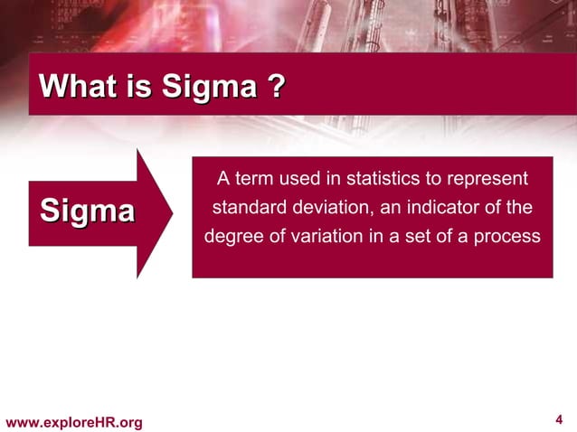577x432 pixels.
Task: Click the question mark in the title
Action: tap(276, 88)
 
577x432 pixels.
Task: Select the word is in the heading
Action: tap(139, 88)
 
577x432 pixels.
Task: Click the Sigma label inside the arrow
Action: tap(87, 211)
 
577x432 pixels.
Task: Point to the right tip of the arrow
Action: tap(172, 213)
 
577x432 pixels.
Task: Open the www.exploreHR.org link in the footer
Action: tap(74, 422)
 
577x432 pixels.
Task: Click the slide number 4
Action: tap(559, 419)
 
